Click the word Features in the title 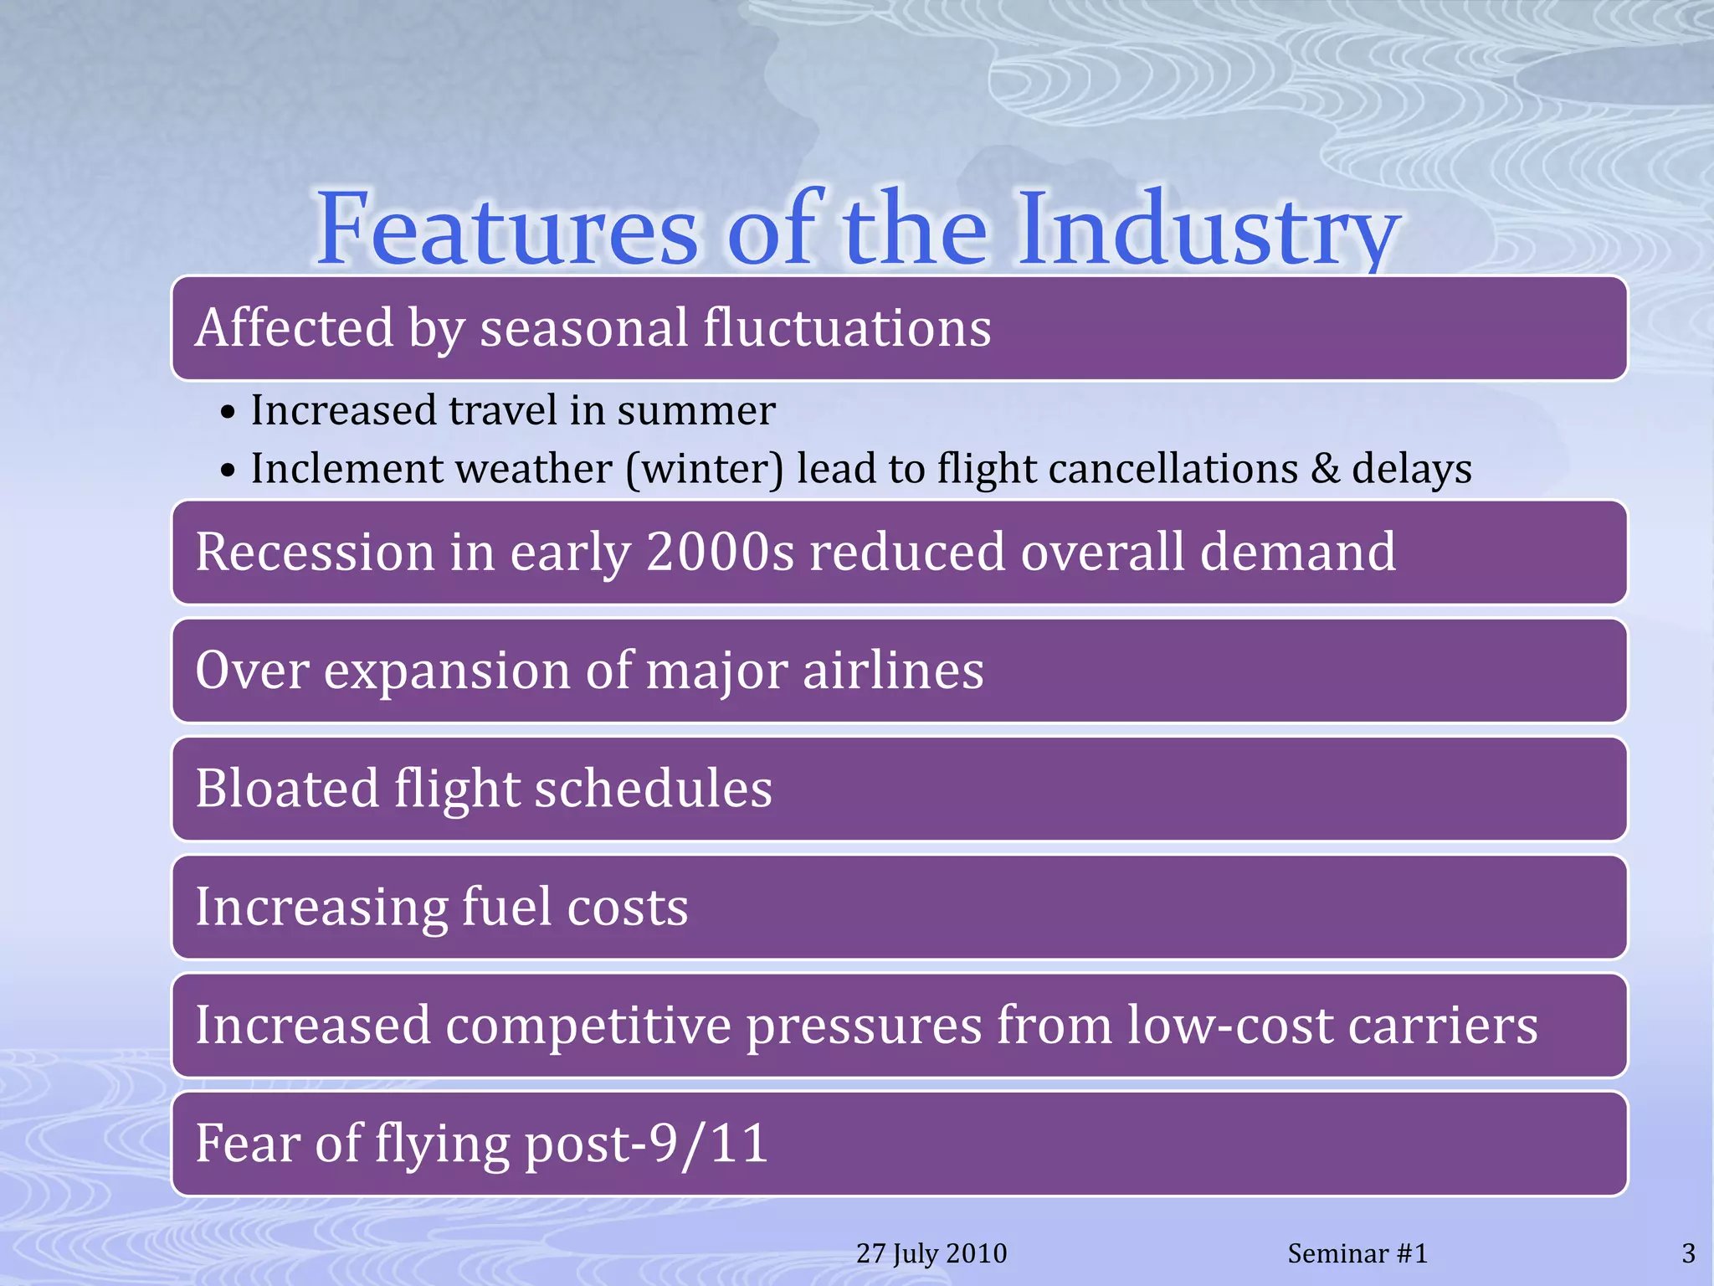[x=506, y=229]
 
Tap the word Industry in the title [x=1208, y=229]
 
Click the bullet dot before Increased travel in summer [x=228, y=413]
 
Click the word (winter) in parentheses [x=705, y=469]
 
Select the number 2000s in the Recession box [x=721, y=552]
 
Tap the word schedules [x=654, y=789]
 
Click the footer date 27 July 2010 [x=931, y=1253]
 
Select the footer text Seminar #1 [x=1357, y=1253]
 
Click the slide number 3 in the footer [x=1688, y=1253]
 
